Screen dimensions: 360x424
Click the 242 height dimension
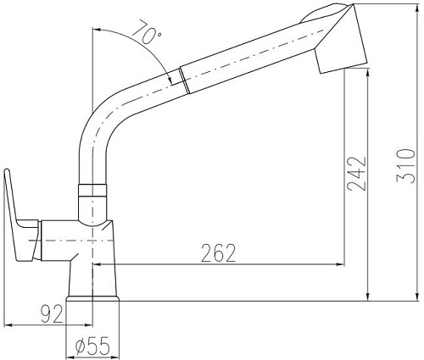pyautogui.click(x=357, y=174)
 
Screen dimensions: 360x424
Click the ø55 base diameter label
pyautogui.click(x=92, y=346)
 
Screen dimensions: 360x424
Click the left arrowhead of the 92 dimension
pyautogui.click(x=8, y=324)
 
